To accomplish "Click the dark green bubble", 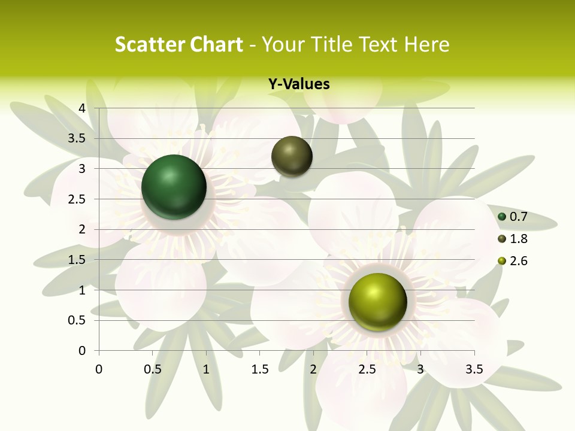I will pos(174,187).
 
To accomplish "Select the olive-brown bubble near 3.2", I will pos(292,156).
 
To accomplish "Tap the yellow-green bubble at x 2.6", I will pos(377,302).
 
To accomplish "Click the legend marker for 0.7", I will pos(502,217).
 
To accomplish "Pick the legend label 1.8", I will pos(518,239).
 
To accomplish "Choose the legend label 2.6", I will pos(518,261).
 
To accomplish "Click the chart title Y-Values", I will pos(299,84).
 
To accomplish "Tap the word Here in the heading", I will pos(427,44).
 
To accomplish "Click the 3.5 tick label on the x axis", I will pos(474,369).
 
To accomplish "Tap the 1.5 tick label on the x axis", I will pos(260,369).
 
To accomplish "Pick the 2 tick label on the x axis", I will pos(313,369).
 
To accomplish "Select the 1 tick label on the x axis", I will pos(206,369).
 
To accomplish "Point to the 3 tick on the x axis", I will pos(420,369).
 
